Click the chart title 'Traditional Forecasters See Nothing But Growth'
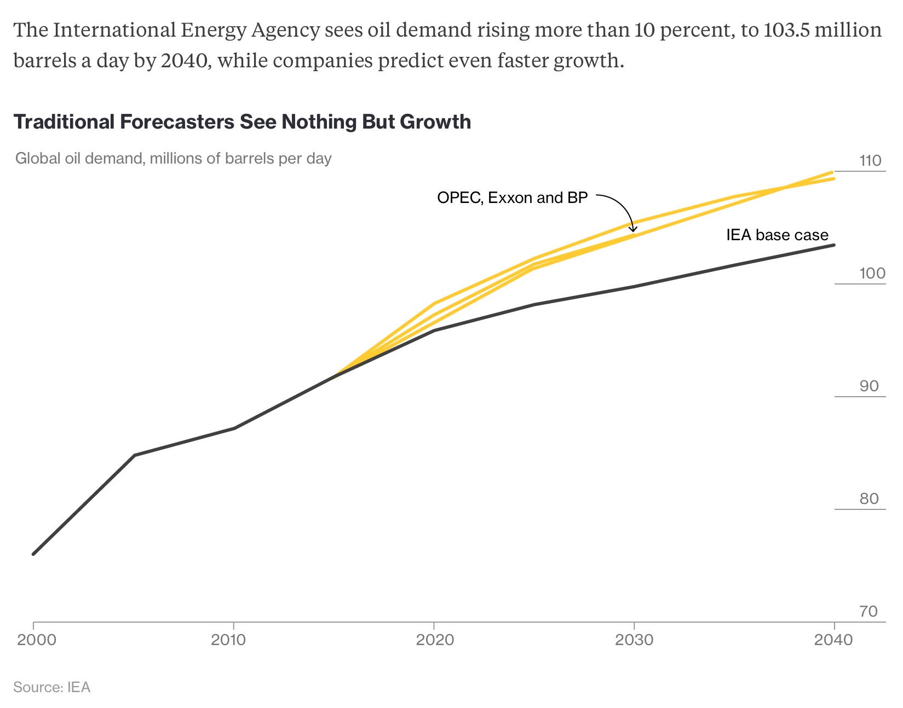click(241, 121)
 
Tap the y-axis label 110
click(870, 161)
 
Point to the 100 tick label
click(872, 273)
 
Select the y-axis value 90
click(869, 386)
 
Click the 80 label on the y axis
click(869, 499)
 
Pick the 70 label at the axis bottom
click(869, 611)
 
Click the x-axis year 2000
click(37, 640)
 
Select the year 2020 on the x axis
click(435, 640)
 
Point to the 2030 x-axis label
click(634, 640)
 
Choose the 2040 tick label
click(833, 640)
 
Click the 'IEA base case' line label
click(777, 235)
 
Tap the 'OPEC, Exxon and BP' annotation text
click(512, 198)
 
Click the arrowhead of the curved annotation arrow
click(633, 229)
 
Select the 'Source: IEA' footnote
click(51, 687)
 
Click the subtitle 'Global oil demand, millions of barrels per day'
click(173, 159)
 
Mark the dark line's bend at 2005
click(135, 455)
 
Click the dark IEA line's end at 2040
click(833, 245)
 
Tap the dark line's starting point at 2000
click(33, 554)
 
